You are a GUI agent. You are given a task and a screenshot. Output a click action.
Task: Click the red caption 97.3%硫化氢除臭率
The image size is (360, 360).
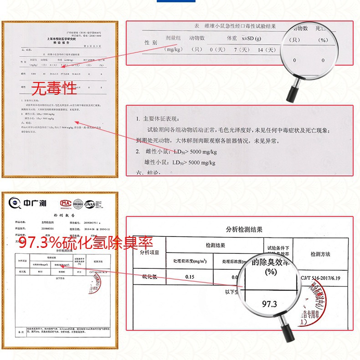pos(85,242)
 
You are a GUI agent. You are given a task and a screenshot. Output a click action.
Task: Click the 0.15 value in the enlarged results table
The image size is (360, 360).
pos(190,277)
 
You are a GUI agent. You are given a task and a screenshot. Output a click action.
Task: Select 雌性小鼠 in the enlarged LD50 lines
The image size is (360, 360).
pos(157,151)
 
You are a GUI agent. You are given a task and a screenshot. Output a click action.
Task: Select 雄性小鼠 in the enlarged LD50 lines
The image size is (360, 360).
pos(157,162)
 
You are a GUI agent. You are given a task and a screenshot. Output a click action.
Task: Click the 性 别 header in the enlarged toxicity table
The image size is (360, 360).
pos(151,42)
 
